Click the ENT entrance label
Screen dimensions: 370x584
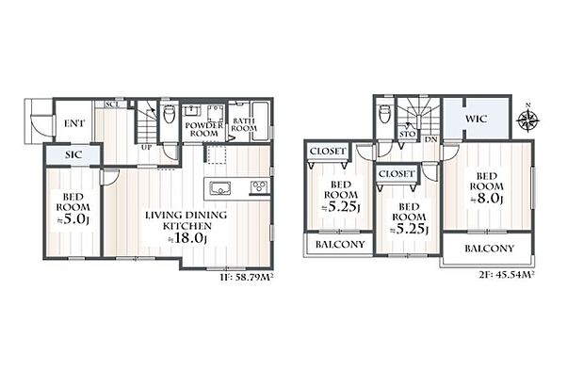pyautogui.click(x=74, y=122)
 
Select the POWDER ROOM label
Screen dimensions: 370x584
pyautogui.click(x=203, y=129)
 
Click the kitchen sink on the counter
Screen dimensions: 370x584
pyautogui.click(x=219, y=185)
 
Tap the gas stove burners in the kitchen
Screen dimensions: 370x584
pyautogui.click(x=258, y=185)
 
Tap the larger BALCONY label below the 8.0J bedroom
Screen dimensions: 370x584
pyautogui.click(x=489, y=249)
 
